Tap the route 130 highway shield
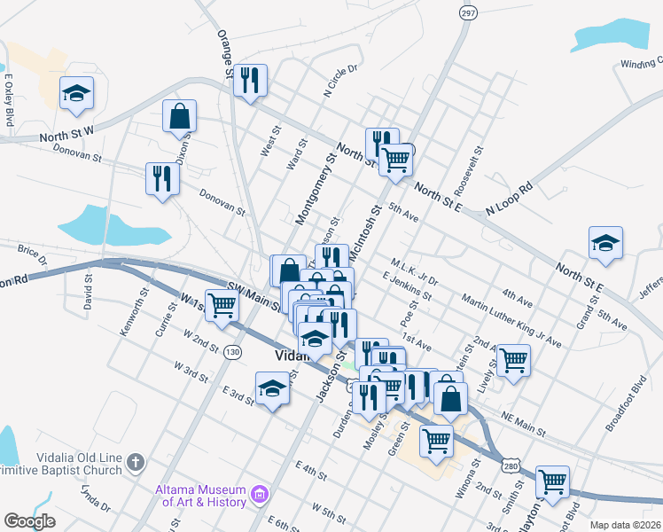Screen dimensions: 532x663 (232, 352)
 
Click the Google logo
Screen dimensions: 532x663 (29, 521)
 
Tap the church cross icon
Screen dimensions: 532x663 (135, 462)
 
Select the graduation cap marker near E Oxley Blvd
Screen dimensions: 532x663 (77, 92)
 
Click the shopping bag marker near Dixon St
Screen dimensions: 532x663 (179, 115)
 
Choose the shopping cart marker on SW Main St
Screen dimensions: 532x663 (222, 305)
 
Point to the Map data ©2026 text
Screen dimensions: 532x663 (624, 525)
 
